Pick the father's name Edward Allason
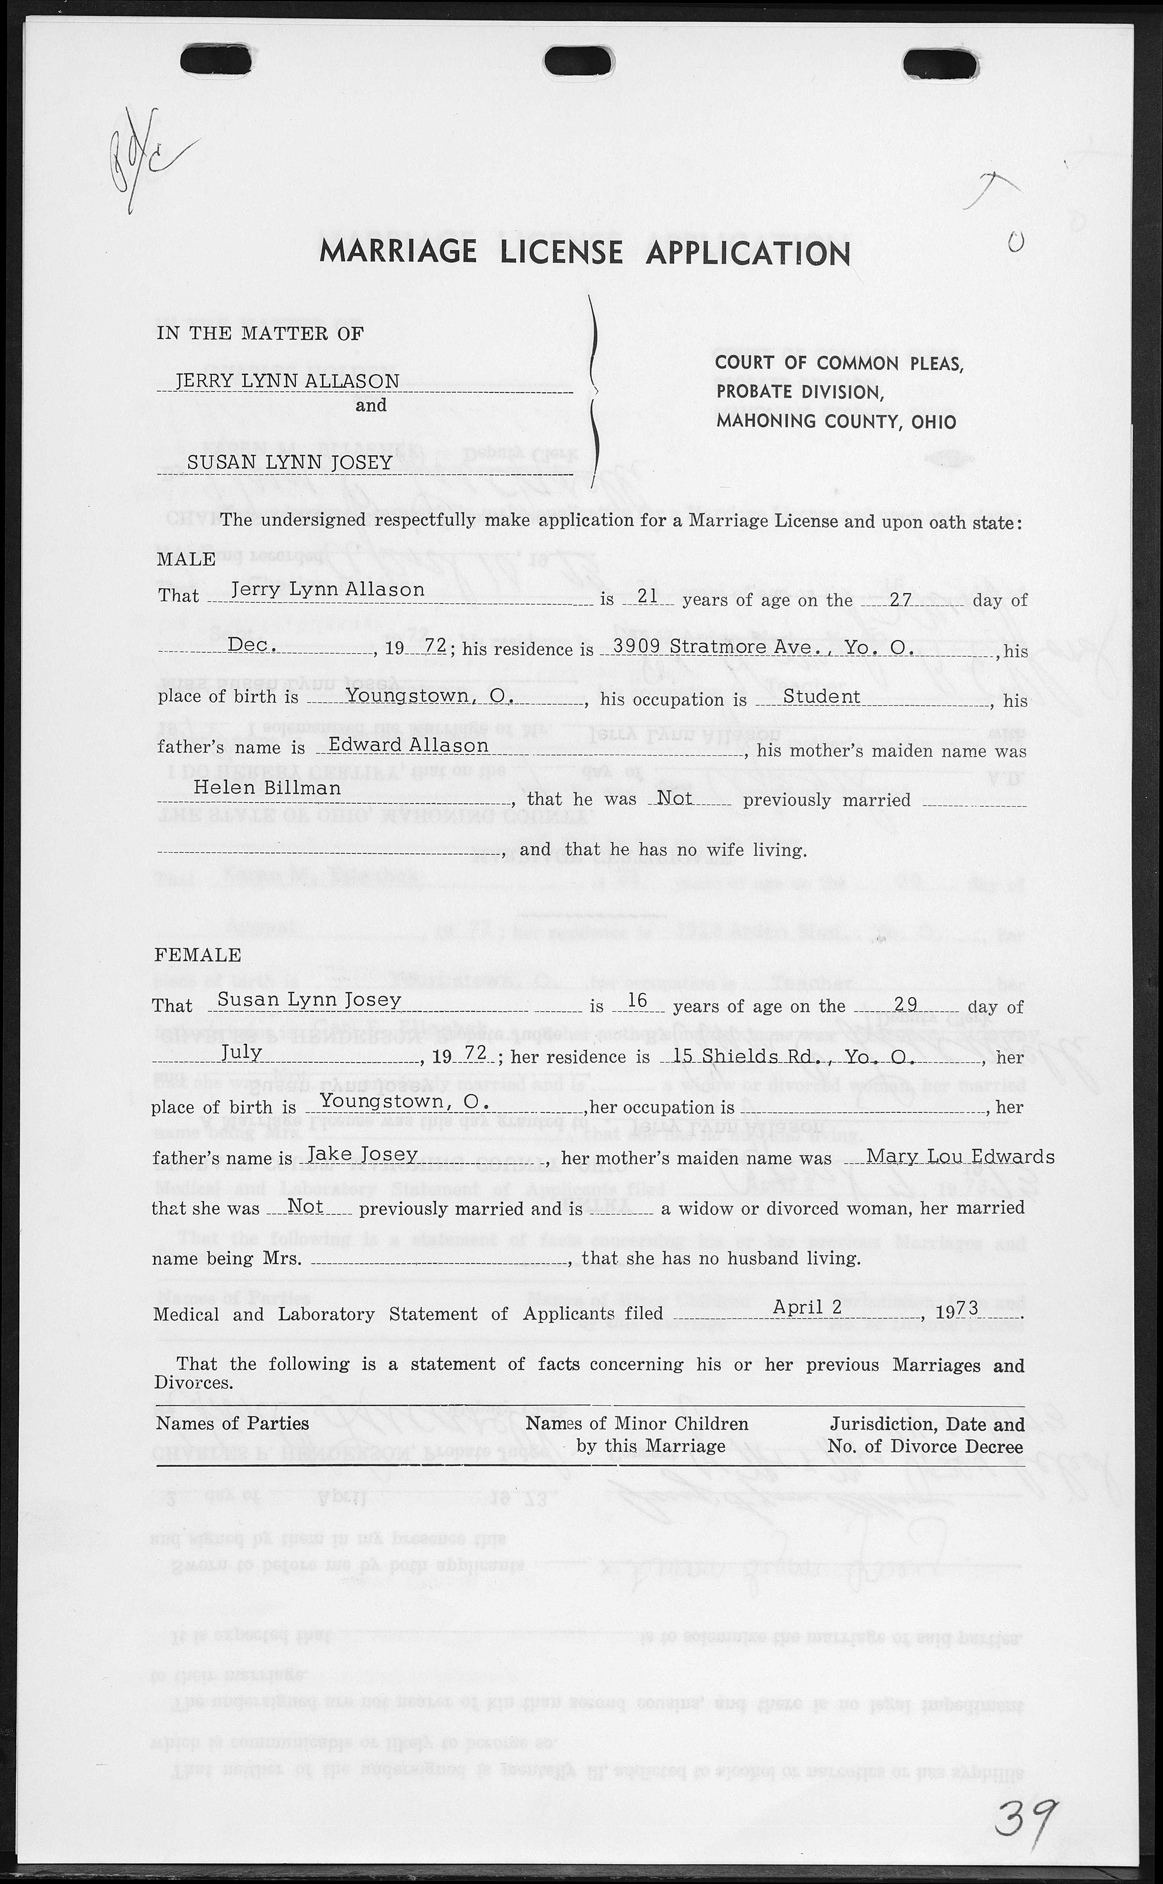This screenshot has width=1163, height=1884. click(409, 745)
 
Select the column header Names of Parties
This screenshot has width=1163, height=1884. click(232, 1423)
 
